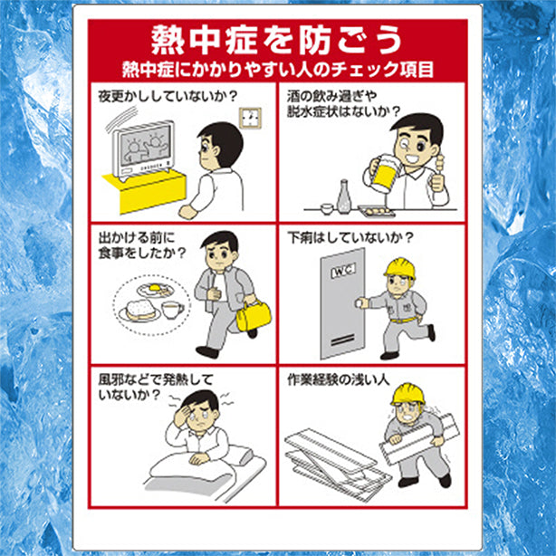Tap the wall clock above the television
pos(250,118)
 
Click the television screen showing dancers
pos(144,146)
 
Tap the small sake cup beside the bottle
pos(327,208)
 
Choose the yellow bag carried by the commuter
pos(254,315)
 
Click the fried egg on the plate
pos(156,289)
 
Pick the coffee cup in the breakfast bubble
pos(172,311)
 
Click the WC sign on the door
pos(343,271)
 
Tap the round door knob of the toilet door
pos(360,303)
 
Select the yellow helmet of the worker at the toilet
pos(400,268)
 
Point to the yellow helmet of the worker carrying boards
pos(408,394)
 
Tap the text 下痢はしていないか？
pos(350,237)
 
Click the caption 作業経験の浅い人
pos(339,379)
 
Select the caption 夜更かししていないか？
pos(168,97)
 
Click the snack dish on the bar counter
pos(377,211)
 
